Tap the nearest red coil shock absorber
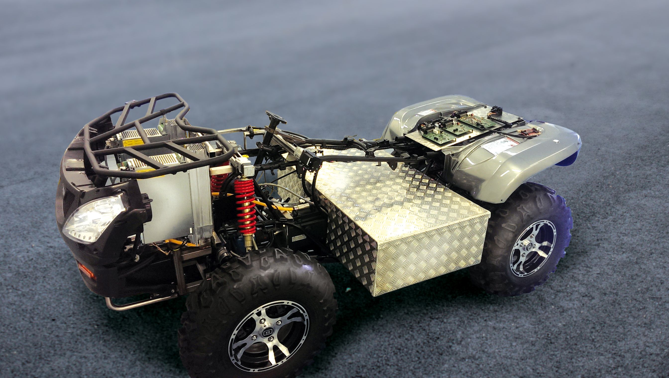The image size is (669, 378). point(245,205)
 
